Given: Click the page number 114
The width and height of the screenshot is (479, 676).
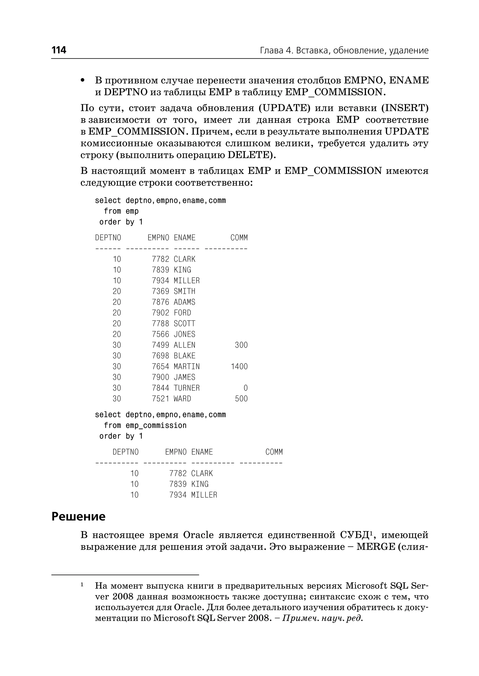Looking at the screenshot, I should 59,50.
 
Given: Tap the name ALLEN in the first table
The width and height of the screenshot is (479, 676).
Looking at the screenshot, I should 184,345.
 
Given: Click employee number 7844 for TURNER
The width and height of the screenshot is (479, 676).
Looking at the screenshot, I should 160,388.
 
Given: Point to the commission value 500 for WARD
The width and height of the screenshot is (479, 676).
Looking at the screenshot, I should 241,399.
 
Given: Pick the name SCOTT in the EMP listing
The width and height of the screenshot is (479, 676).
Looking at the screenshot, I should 184,324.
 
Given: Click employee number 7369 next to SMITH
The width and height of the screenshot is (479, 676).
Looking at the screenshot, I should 160,291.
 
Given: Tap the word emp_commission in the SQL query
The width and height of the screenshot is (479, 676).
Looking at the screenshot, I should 156,425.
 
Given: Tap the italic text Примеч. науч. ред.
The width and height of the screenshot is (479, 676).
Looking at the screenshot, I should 322,618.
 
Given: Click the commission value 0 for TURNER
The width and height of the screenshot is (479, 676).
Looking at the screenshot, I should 245,388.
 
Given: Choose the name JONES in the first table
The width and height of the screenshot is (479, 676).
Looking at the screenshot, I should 184,334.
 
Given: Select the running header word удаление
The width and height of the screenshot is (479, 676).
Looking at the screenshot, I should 409,51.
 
